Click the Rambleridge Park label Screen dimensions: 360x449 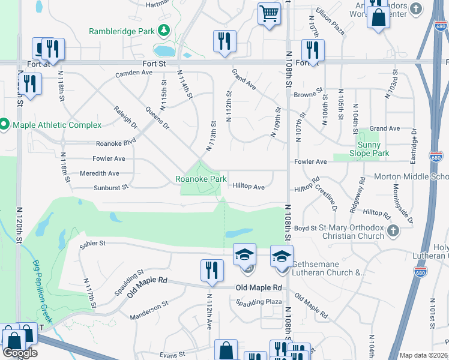[x=122, y=31]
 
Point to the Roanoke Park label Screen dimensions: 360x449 [x=200, y=179]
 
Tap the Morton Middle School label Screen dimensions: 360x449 [x=411, y=177]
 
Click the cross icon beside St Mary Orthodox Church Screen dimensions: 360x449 [x=393, y=230]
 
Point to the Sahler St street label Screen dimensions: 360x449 [x=92, y=244]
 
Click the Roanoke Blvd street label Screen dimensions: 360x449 [x=116, y=144]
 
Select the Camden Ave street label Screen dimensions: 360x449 [x=134, y=73]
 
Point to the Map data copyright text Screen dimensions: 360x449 [x=423, y=355]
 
